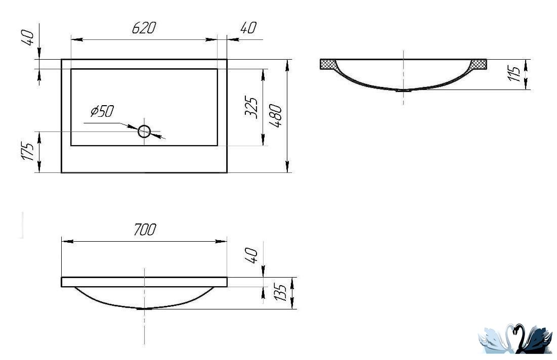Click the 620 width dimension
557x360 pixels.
click(x=144, y=28)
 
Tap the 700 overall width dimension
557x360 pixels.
click(x=145, y=230)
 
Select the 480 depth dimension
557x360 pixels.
click(x=276, y=116)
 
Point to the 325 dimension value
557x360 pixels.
click(x=251, y=107)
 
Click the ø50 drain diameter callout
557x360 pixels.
click(x=102, y=111)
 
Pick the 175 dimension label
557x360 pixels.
click(x=28, y=151)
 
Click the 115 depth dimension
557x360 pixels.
click(x=515, y=73)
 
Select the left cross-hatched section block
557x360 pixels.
click(x=329, y=64)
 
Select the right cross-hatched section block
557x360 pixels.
click(x=478, y=64)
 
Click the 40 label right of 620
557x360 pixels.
click(x=248, y=28)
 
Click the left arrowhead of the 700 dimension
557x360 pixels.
click(x=67, y=241)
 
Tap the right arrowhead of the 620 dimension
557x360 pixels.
click(x=211, y=39)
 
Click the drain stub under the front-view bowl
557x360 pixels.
click(x=145, y=309)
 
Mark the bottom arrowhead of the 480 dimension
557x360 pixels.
click(x=287, y=167)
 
